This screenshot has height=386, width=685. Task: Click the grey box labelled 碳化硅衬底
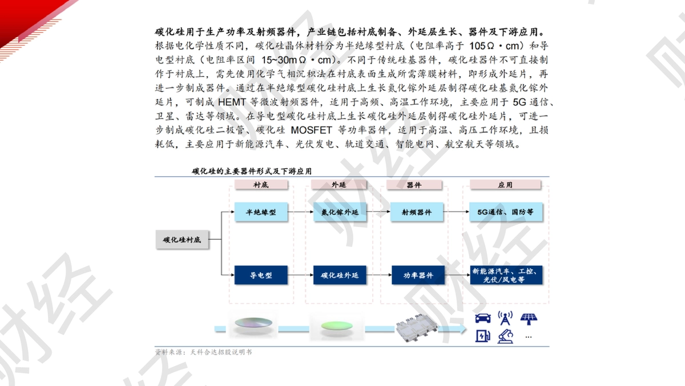click(182, 240)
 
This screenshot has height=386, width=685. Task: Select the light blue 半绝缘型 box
click(261, 212)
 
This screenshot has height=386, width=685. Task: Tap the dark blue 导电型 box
click(261, 275)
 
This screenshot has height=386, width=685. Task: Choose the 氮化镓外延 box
click(340, 212)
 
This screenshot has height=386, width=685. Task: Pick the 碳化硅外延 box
click(340, 275)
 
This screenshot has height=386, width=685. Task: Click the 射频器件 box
click(417, 212)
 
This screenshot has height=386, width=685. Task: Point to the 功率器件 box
click(418, 275)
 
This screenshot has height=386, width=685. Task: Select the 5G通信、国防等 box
click(506, 212)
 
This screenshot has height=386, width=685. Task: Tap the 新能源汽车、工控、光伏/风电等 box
click(506, 275)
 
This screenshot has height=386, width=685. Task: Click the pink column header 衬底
click(261, 185)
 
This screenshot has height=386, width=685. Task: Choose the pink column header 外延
click(339, 185)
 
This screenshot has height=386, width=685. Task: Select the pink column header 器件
click(414, 185)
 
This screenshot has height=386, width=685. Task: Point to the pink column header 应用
click(505, 185)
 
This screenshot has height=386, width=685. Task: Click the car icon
click(483, 319)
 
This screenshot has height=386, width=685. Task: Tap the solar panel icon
click(529, 319)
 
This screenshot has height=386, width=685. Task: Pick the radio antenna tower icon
click(505, 318)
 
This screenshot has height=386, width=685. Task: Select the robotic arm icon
click(505, 336)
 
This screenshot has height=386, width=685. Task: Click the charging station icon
click(483, 336)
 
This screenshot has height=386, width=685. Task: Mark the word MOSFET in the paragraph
click(311, 130)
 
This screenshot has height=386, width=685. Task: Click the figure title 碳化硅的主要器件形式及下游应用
click(252, 171)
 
